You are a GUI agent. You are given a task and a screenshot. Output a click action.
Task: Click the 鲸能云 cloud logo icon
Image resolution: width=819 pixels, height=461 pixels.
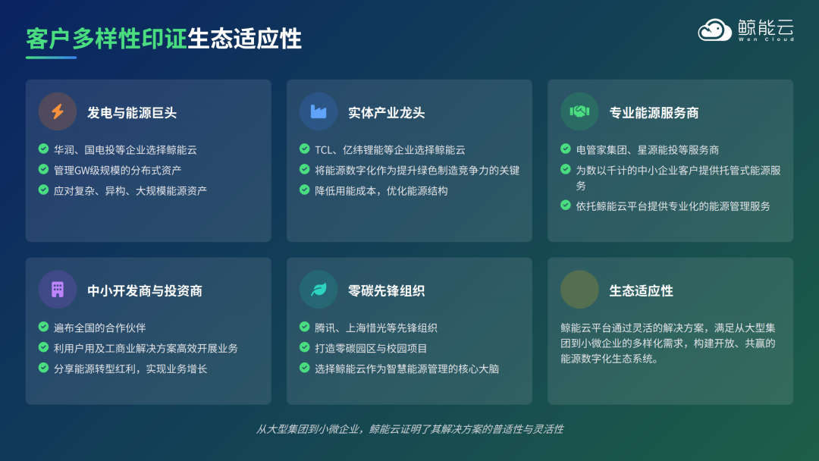tap(714, 30)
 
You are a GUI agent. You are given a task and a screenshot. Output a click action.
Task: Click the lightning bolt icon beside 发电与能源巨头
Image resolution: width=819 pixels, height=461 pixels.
tap(58, 112)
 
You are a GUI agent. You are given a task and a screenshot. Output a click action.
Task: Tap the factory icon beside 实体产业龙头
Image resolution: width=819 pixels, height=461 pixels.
tap(318, 112)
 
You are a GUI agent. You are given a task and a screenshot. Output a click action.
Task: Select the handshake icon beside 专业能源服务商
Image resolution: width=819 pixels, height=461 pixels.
tap(579, 112)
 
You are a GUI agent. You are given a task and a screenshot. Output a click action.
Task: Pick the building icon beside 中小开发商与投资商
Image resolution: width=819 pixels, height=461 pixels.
tap(58, 290)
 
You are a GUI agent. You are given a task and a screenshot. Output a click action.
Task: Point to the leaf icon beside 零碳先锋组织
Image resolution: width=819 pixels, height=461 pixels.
tap(318, 290)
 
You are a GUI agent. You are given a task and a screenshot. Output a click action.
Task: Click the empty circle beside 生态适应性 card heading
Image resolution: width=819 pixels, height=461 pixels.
tap(579, 290)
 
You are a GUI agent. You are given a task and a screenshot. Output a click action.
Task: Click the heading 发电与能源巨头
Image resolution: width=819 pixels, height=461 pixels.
tap(132, 113)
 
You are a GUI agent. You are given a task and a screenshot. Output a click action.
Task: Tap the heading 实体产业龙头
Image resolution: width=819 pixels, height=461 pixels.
tap(386, 113)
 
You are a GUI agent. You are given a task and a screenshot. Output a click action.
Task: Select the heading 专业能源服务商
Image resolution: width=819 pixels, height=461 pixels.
tap(654, 113)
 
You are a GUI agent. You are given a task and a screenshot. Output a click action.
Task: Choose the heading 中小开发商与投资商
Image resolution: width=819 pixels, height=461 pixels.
tap(144, 290)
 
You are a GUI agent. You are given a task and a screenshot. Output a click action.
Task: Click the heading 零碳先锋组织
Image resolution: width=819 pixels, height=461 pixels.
tap(386, 290)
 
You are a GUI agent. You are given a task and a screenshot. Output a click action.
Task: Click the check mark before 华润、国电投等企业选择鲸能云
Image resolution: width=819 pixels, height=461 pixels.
tap(43, 149)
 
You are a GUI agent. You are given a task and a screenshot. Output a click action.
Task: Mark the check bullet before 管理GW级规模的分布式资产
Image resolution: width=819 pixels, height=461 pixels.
tap(43, 169)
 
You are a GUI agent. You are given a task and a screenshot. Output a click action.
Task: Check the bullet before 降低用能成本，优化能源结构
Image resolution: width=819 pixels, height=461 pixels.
tap(304, 190)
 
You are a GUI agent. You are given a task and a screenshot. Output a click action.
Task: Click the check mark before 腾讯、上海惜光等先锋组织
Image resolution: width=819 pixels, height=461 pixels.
tap(304, 328)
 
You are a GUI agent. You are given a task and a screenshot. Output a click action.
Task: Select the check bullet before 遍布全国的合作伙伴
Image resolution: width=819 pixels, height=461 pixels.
tap(43, 327)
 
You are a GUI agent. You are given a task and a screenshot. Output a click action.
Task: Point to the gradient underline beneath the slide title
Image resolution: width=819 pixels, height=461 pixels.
tap(51, 58)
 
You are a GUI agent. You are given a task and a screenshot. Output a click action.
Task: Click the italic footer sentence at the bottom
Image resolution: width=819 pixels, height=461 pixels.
tap(409, 429)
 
